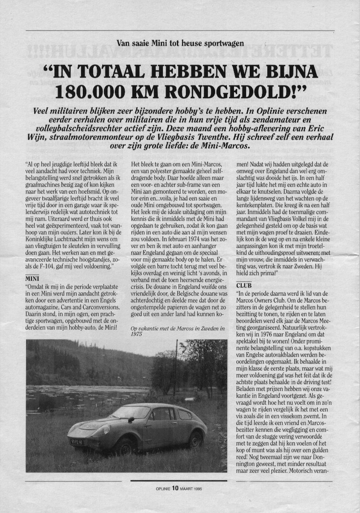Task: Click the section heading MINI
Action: (x=33, y=279)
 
